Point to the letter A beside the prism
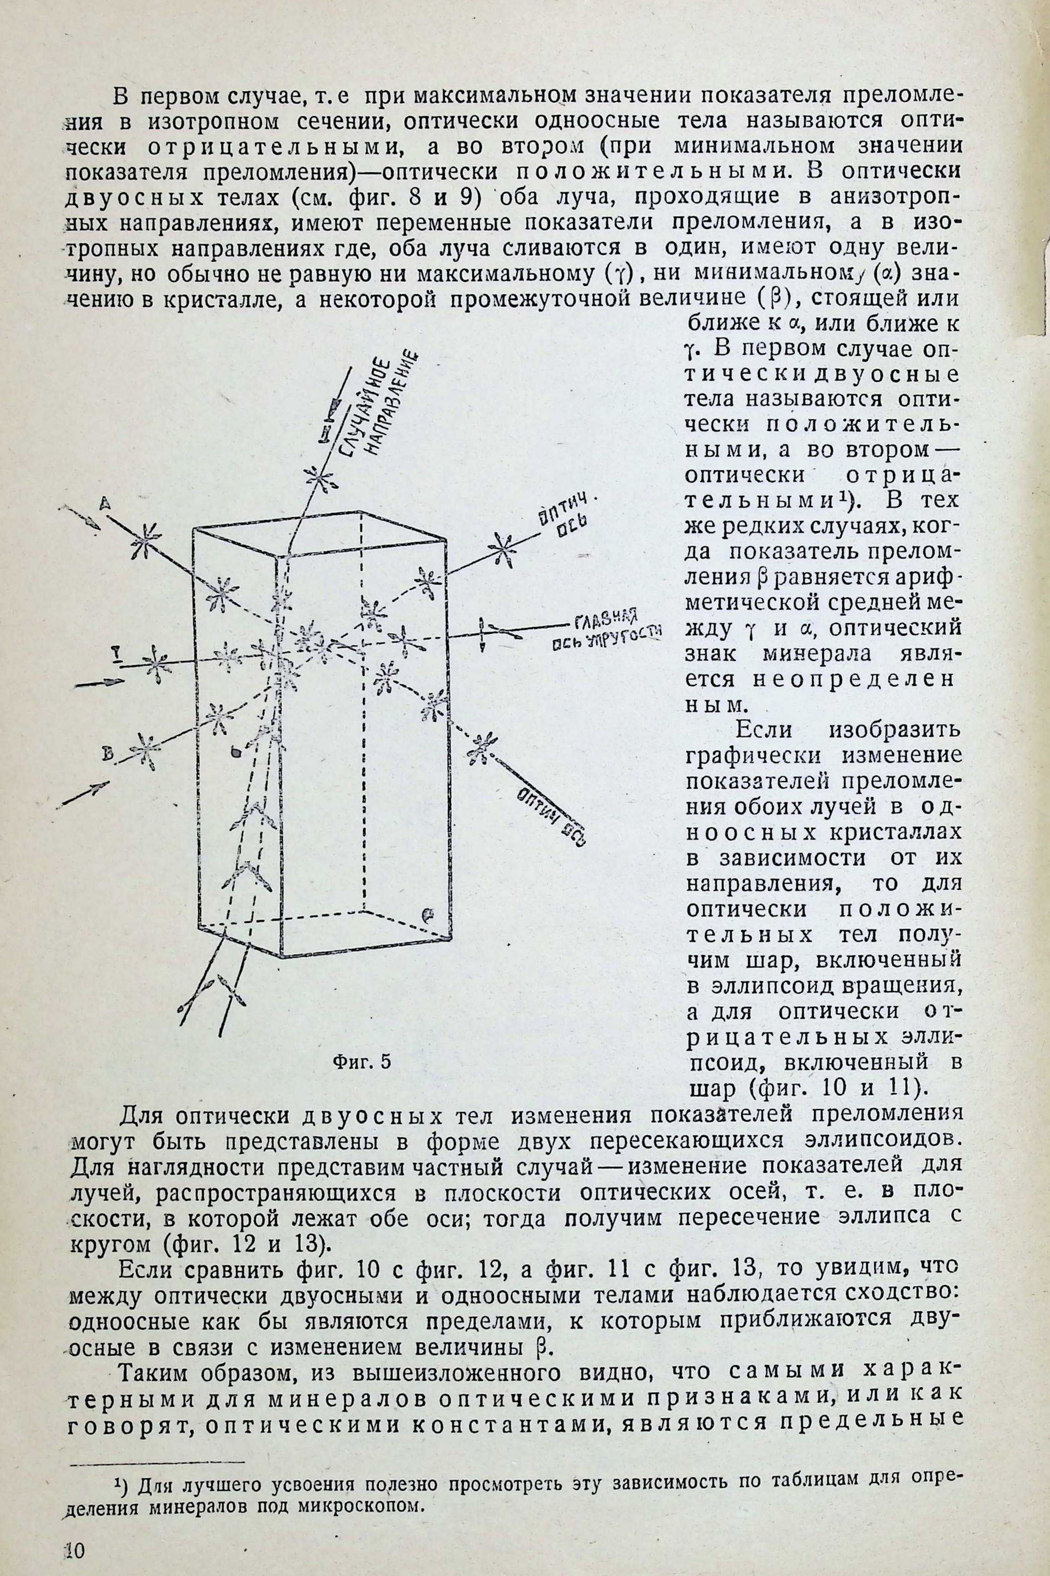[x=105, y=502]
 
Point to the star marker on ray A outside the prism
[x=144, y=539]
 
